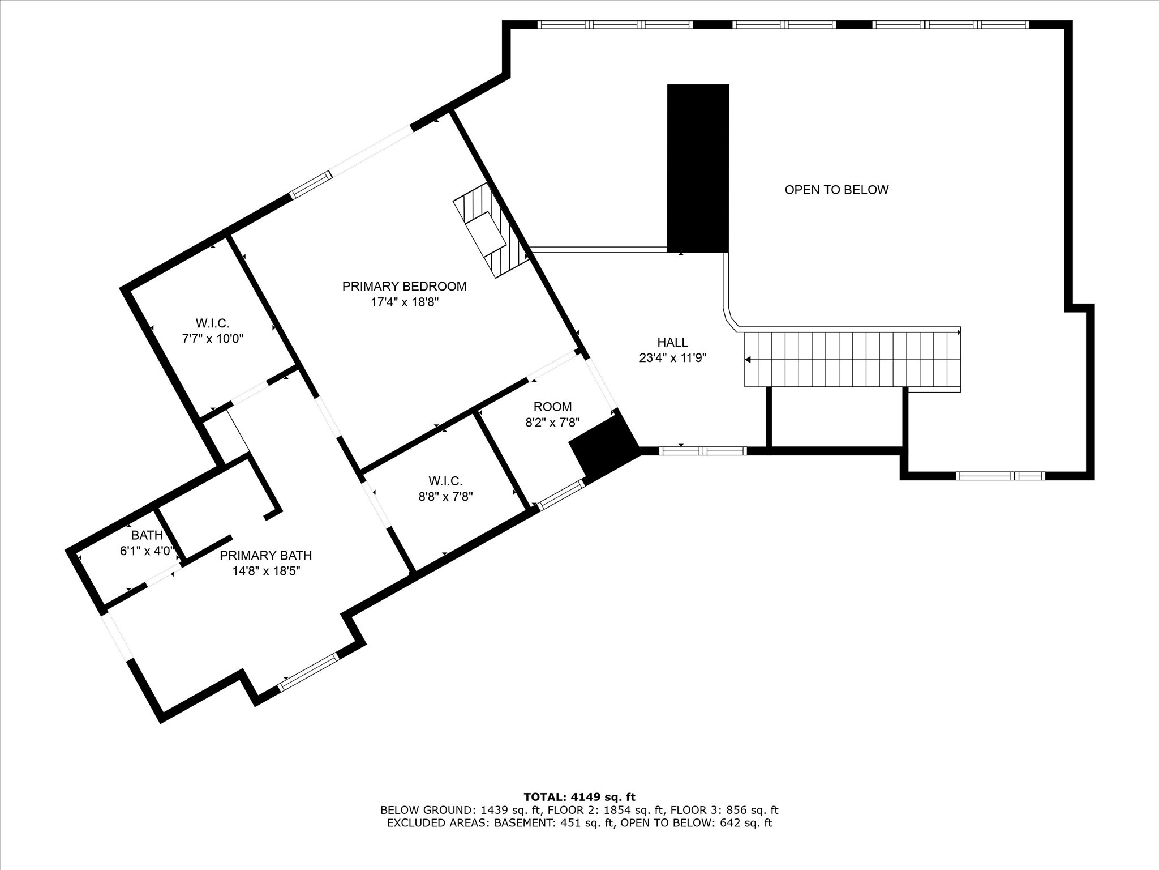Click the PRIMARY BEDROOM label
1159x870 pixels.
(404, 287)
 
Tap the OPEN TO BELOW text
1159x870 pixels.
(836, 190)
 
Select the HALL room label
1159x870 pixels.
(672, 342)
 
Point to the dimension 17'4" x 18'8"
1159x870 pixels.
(405, 302)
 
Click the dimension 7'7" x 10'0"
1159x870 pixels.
(212, 339)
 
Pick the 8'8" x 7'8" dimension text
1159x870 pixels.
(445, 497)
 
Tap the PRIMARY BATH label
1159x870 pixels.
(265, 556)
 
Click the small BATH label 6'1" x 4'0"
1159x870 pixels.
(147, 543)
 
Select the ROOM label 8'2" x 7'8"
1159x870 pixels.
(553, 414)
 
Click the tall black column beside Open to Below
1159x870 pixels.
(698, 168)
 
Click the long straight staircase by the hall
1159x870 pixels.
(852, 360)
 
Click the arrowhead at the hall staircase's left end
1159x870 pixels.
(748, 360)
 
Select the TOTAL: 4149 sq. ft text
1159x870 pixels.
(579, 797)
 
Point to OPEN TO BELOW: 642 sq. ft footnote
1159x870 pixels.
(697, 823)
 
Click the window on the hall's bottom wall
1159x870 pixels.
(703, 451)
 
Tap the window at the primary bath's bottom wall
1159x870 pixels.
(308, 672)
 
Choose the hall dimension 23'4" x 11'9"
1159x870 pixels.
(672, 358)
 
